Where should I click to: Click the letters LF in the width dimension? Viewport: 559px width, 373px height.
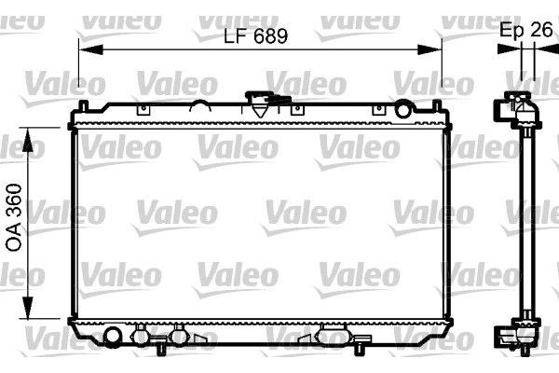pos(235,36)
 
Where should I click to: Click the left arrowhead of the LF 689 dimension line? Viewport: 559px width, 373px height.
pos(84,48)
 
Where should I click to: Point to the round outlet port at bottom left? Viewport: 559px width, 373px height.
pos(114,335)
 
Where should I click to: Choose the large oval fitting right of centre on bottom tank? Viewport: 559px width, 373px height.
pos(331,335)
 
